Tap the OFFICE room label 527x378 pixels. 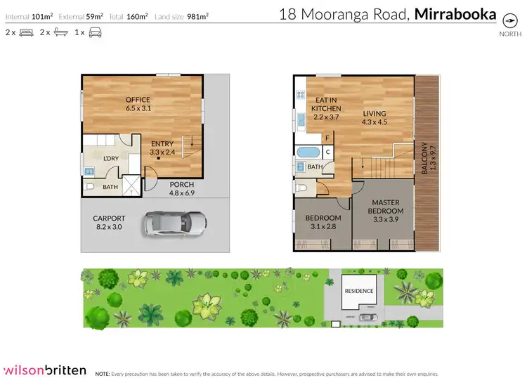coord(138,104)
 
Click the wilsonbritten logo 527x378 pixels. coord(46,370)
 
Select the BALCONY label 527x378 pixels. coord(424,159)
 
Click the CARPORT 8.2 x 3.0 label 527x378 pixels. coord(109,223)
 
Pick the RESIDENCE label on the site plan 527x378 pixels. coord(358,291)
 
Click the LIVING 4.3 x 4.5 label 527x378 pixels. coord(375,117)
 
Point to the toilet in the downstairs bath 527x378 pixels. coord(90,187)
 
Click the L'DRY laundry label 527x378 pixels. coord(110,158)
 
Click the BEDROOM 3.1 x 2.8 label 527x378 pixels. coord(323,223)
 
